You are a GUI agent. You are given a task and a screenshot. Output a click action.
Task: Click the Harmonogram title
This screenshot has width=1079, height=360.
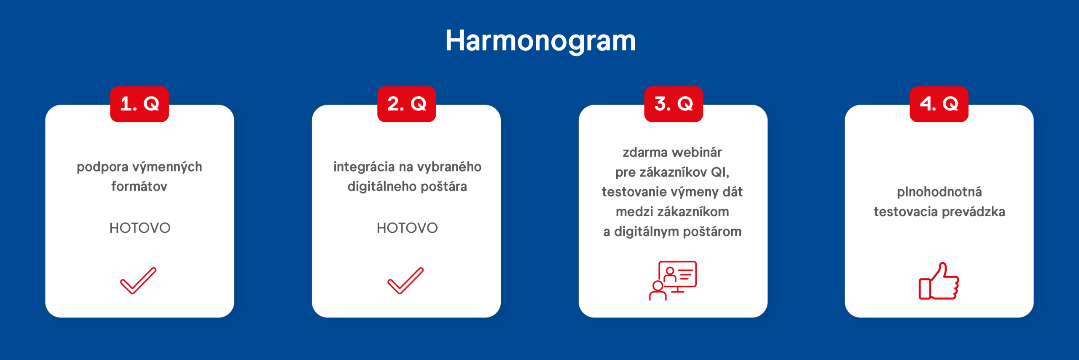pos(540,41)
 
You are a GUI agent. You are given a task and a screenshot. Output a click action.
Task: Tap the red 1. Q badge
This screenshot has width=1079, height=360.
pos(140,104)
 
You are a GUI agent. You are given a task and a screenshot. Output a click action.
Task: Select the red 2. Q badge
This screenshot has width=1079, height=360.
pos(407,104)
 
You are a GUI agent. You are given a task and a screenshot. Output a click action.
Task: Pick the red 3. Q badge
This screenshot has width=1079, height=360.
pos(674,104)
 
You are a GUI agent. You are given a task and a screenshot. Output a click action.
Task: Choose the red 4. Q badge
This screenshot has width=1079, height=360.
pos(939,104)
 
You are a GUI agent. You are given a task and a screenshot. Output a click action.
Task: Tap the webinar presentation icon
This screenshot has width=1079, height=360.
pos(673,280)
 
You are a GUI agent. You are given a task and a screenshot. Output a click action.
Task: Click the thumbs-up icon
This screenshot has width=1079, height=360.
pos(939,281)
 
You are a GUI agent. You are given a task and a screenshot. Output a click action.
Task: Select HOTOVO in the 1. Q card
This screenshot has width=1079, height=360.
pos(140,228)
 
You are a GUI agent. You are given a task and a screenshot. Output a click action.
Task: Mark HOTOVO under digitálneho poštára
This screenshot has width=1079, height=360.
pos(407,228)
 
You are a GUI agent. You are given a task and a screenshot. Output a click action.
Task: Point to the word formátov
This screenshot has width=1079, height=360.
pos(139,186)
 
